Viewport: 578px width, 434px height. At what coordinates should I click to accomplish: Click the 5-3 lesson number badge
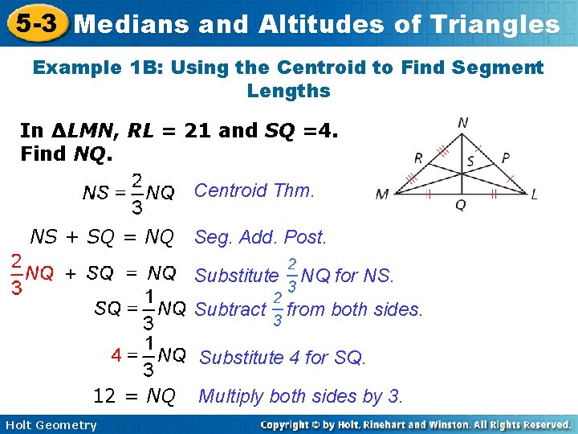34,23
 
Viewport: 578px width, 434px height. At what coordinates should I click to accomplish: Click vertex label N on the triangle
463,123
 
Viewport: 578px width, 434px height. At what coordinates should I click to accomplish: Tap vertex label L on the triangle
534,194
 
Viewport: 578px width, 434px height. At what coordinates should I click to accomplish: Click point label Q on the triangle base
459,206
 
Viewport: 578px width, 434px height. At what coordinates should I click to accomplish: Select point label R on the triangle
418,158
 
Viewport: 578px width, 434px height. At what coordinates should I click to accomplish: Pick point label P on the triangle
505,158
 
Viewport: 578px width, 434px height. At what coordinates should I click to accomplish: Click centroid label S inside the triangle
470,162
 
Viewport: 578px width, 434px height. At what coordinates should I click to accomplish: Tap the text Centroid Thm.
254,190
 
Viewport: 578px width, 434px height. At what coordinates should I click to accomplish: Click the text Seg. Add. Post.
261,238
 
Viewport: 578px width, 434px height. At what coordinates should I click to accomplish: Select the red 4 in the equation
116,354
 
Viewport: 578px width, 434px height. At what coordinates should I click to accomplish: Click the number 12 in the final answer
104,395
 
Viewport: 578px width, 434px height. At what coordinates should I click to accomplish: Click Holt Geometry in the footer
50,425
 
